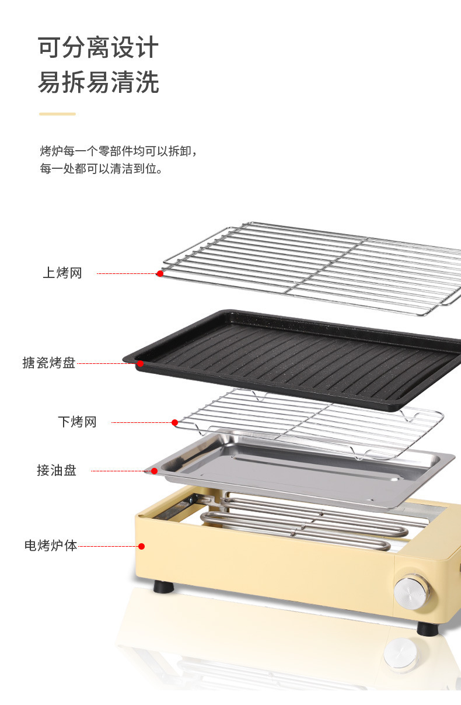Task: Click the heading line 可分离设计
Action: [98, 47]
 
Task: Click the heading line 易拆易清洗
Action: [98, 82]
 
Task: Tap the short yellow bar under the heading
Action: [57, 114]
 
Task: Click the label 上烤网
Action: [62, 273]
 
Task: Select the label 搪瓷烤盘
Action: [49, 363]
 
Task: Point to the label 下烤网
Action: [77, 422]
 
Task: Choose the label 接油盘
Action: [57, 470]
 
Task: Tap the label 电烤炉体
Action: [51, 546]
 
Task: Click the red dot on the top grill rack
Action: [160, 273]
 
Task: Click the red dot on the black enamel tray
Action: [140, 364]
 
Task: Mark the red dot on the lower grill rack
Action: [174, 422]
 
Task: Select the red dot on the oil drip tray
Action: [154, 471]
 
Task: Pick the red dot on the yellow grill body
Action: [141, 546]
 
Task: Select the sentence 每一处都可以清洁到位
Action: [101, 169]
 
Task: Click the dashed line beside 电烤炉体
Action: [107, 546]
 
